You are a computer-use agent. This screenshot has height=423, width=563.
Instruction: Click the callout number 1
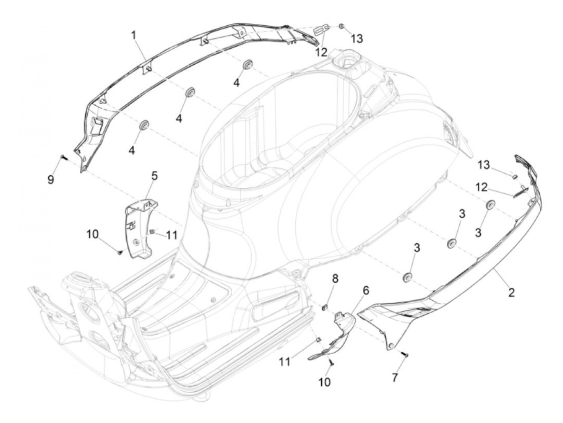click(134, 35)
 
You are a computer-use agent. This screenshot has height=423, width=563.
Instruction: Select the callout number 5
click(154, 175)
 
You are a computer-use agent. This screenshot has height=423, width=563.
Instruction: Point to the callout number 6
click(366, 290)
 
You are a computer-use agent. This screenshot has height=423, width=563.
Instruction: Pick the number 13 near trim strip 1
click(357, 39)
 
